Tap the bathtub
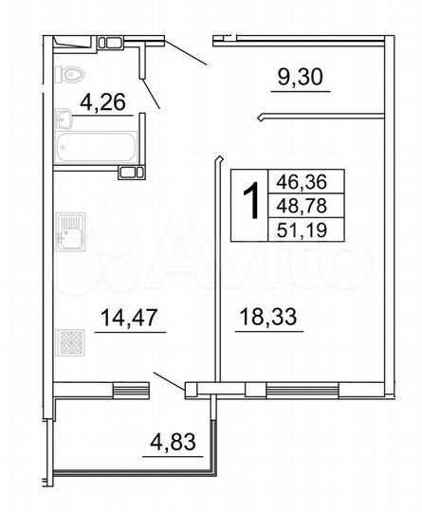[96, 148]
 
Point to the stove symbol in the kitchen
[69, 341]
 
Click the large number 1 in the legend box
[251, 201]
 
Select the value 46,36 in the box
[299, 181]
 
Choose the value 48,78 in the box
[299, 202]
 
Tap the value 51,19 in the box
[299, 225]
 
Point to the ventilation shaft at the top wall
[110, 41]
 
